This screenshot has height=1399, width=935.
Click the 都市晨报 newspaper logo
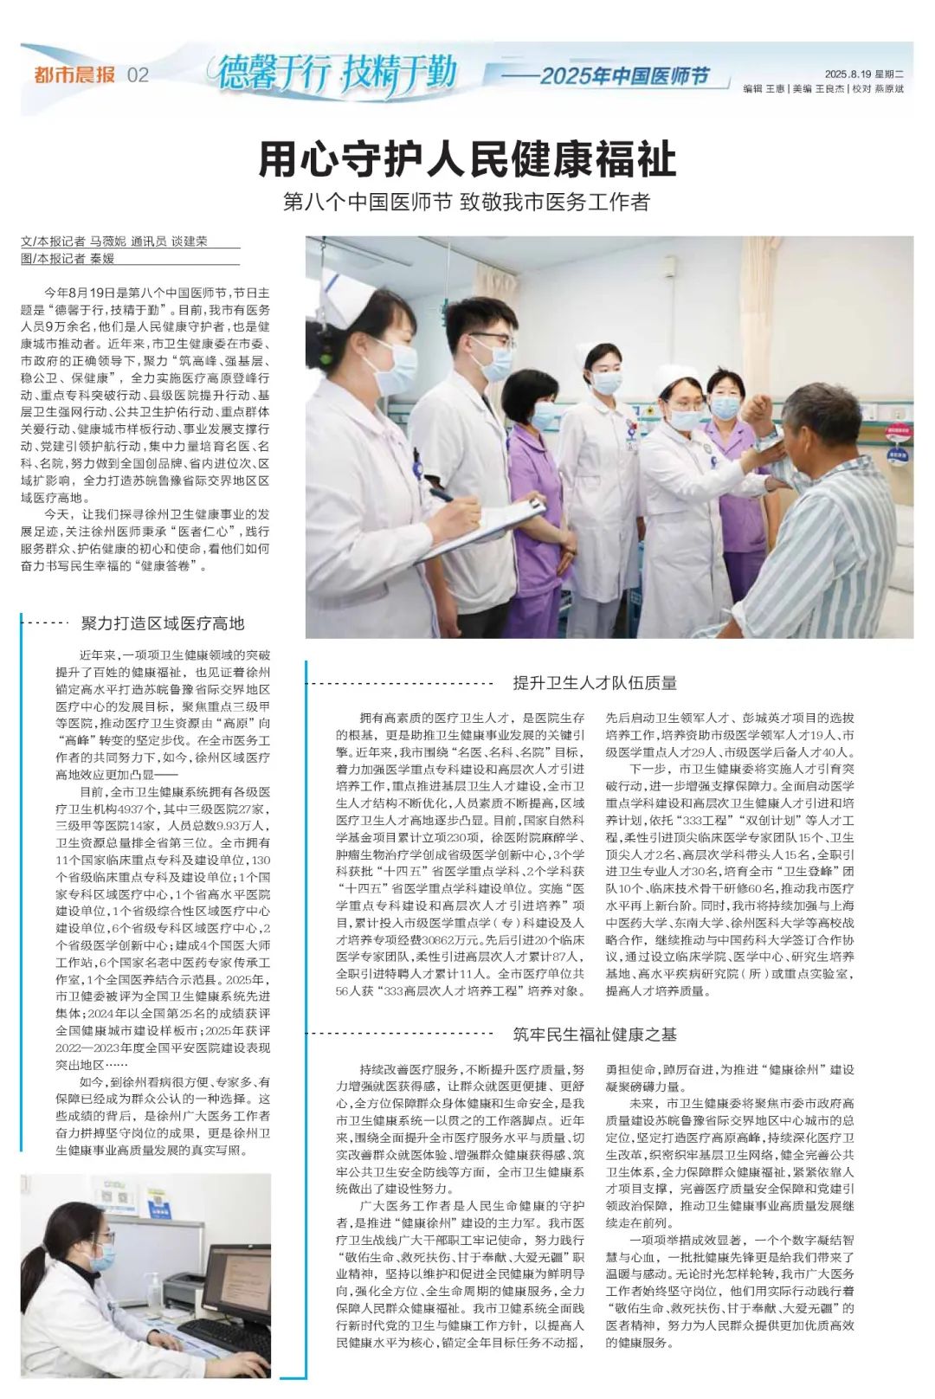(74, 74)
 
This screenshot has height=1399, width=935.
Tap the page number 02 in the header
(139, 75)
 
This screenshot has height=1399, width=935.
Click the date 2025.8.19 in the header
(848, 74)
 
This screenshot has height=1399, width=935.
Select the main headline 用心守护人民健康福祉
(467, 159)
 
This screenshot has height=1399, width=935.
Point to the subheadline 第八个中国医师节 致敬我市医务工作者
(467, 203)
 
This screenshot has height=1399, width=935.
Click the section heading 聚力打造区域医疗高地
(163, 623)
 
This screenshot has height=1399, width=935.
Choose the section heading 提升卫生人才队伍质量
(595, 683)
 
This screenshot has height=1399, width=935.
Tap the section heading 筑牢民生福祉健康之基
(595, 1034)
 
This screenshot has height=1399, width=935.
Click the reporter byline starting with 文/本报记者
(114, 242)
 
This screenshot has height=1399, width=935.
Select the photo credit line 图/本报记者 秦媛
(68, 258)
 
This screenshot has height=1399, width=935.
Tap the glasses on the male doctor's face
(491, 338)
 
